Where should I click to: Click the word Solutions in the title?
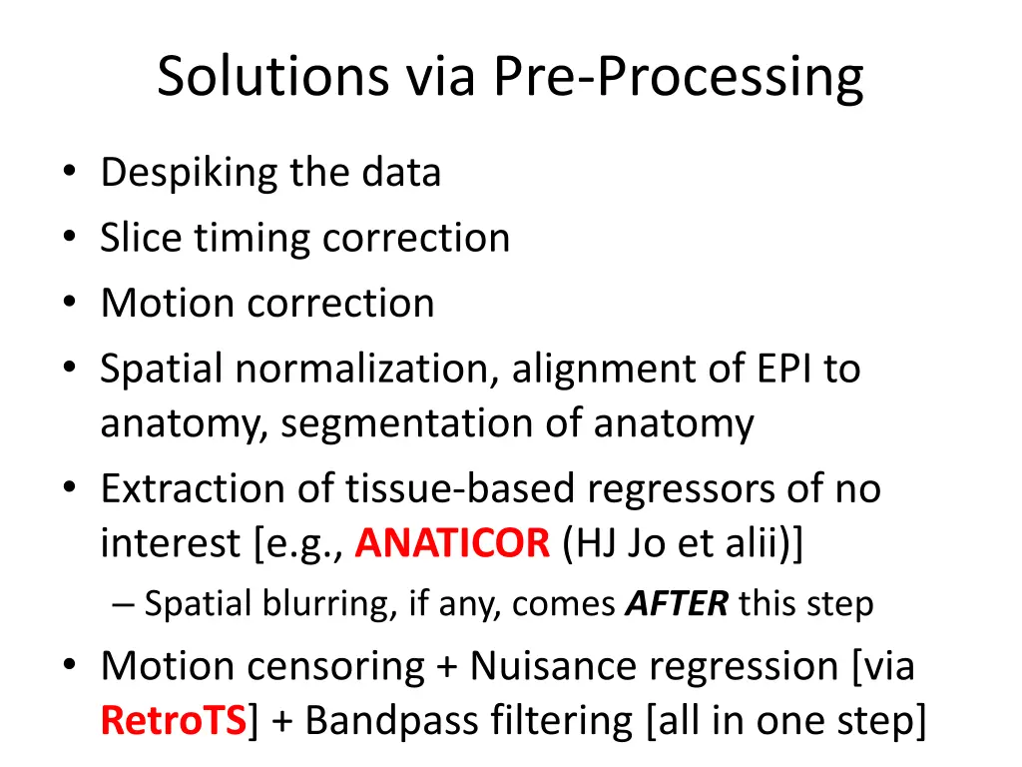(x=273, y=76)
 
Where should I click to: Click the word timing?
(x=253, y=239)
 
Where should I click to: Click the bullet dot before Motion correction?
(x=70, y=302)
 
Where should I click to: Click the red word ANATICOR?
(x=452, y=543)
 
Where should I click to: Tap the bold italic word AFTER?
(x=677, y=604)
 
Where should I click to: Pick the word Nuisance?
(x=553, y=666)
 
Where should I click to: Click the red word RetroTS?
(x=174, y=721)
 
